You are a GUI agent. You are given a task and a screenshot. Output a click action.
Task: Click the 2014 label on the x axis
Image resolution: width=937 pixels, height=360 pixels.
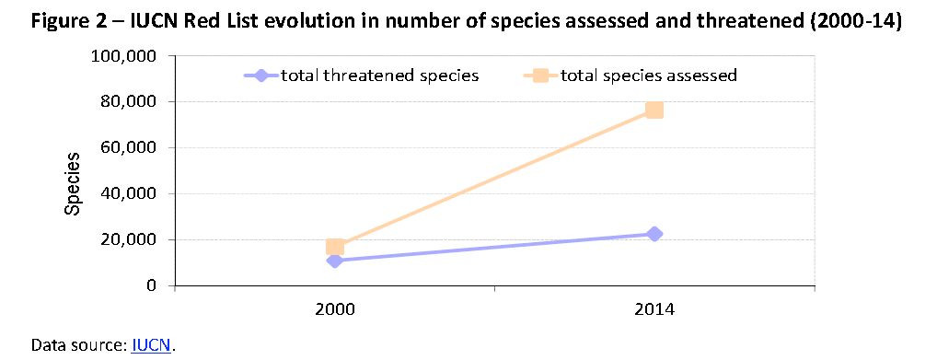654,309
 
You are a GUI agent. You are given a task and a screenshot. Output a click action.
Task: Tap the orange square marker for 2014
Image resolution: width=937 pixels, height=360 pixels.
654,110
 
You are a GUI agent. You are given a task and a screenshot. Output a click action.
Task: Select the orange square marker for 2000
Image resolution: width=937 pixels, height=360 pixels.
335,247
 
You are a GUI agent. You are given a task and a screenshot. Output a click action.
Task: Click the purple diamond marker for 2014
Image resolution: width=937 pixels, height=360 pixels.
654,234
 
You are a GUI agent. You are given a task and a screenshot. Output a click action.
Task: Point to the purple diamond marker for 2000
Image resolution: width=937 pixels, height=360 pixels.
335,261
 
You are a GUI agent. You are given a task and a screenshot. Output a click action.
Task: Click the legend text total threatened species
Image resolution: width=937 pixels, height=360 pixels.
379,75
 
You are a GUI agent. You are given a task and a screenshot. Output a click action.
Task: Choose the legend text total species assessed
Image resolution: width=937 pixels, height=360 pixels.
649,75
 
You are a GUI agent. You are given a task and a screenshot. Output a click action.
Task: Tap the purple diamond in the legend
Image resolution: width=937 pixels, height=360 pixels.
261,75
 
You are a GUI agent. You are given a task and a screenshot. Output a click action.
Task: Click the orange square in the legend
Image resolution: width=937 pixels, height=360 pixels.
541,75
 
